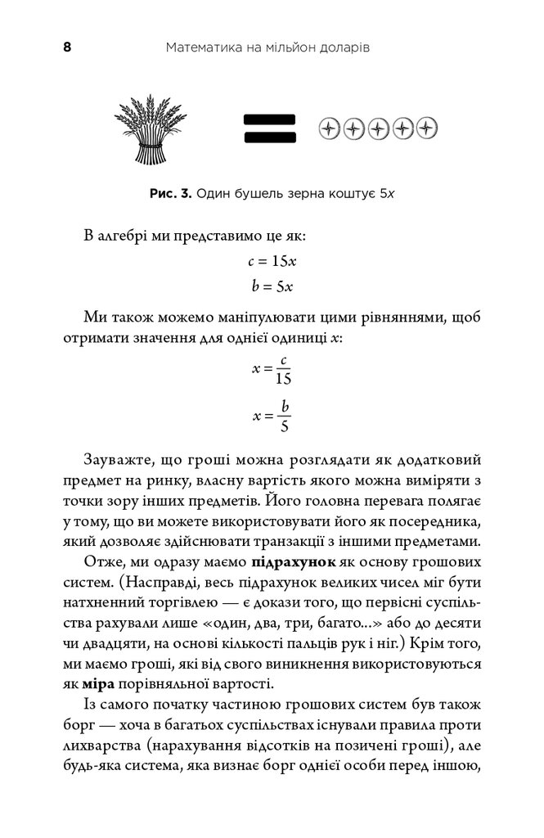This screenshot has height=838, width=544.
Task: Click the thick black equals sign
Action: [x=268, y=129]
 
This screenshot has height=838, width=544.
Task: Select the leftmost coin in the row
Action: [x=329, y=128]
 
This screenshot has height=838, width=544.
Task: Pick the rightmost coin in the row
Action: [x=428, y=128]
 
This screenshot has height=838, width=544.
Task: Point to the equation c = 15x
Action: [x=272, y=263]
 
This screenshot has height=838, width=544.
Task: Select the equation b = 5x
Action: [x=272, y=286]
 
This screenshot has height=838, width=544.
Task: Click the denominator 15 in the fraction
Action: [x=283, y=380]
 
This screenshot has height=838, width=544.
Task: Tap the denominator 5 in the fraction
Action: [x=284, y=426]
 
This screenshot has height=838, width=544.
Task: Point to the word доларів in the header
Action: [x=344, y=47]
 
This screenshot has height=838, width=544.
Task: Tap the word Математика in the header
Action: [x=200, y=47]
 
